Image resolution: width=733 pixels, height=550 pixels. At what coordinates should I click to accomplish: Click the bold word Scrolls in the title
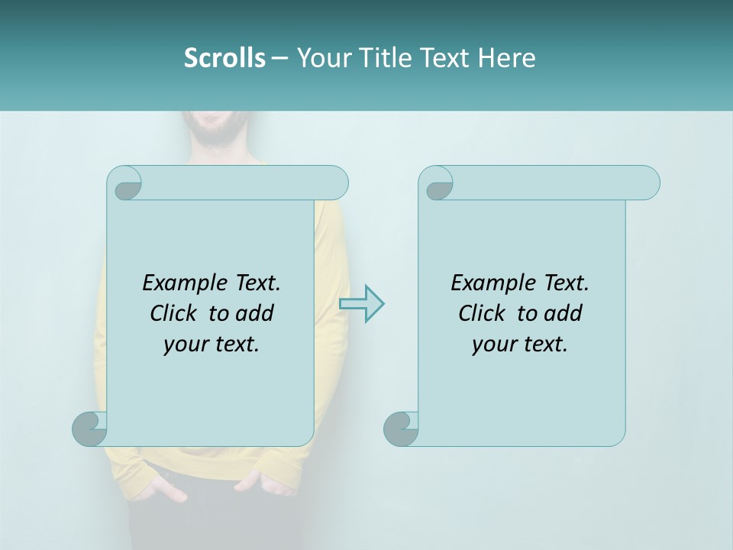click(224, 58)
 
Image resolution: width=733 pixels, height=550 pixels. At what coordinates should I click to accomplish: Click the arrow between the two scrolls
click(361, 303)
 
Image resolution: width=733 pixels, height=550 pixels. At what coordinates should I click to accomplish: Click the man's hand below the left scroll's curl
click(164, 489)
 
